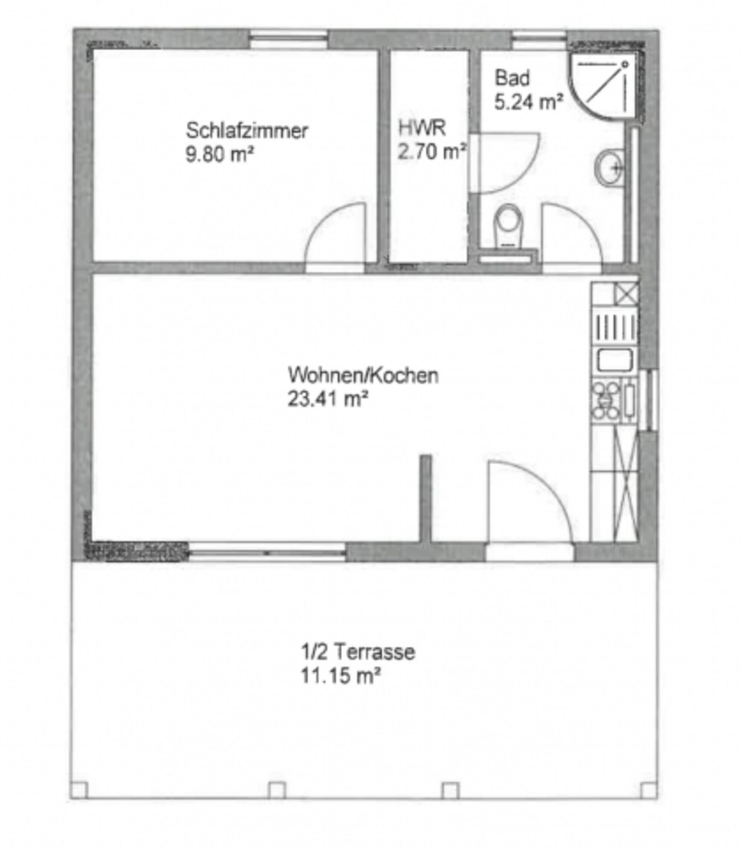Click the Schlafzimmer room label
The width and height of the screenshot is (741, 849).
click(247, 131)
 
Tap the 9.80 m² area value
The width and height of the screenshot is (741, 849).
click(219, 154)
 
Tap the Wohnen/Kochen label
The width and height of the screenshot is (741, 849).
click(363, 375)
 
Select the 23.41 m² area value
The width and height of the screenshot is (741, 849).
click(328, 399)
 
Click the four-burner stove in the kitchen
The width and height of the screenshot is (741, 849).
click(607, 399)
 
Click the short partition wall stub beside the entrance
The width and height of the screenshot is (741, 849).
click(426, 499)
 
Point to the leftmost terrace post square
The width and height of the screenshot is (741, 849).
click(79, 791)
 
